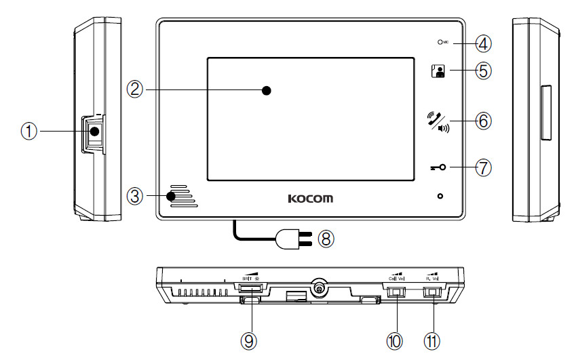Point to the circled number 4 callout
(x=482, y=44)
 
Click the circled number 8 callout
(x=327, y=238)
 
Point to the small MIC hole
(x=440, y=43)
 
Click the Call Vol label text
(x=395, y=278)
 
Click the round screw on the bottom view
(x=317, y=288)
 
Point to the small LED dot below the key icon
(x=440, y=197)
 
